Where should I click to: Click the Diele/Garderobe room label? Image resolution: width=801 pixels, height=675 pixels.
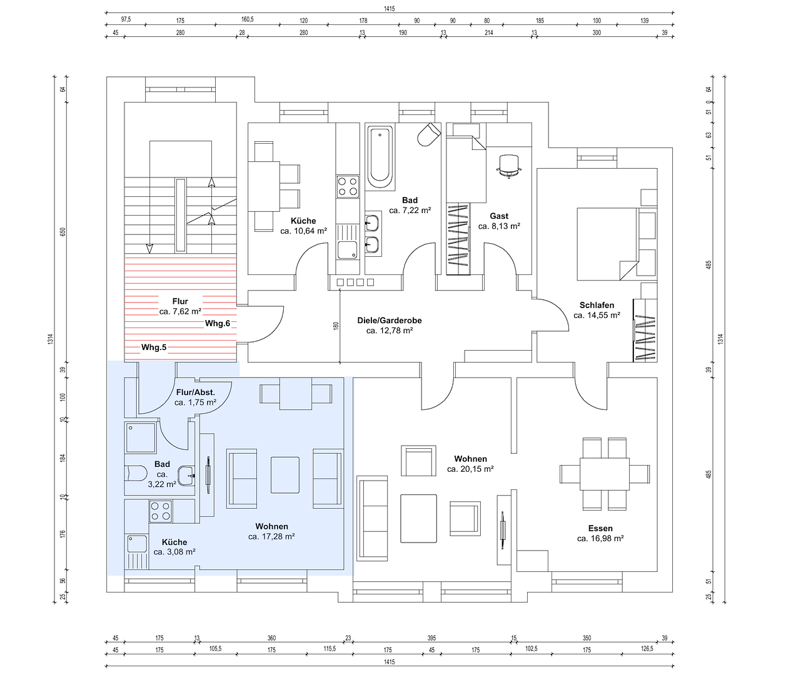(390, 320)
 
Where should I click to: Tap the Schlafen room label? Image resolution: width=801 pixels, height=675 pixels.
(597, 305)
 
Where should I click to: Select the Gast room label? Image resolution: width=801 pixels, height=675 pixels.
(499, 216)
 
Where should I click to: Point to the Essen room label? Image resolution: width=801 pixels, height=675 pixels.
(600, 528)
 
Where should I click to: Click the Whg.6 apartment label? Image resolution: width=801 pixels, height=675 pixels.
(218, 323)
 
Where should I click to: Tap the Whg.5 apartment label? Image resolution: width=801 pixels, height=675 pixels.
(154, 347)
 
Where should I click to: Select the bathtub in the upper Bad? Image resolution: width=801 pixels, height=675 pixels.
(380, 157)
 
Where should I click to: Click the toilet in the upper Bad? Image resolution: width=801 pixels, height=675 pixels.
(429, 134)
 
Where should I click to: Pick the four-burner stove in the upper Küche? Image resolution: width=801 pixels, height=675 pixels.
(348, 186)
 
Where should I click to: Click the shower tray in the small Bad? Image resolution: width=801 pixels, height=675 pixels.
(141, 437)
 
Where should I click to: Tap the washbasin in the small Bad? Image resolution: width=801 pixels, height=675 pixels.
(187, 476)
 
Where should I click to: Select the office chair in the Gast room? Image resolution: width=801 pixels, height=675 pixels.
(509, 166)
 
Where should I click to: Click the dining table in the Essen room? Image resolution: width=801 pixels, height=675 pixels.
(604, 474)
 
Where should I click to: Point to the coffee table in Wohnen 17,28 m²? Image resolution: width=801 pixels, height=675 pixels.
(285, 475)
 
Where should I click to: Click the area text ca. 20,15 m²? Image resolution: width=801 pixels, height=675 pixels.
(470, 469)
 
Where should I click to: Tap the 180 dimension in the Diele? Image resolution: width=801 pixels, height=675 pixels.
(336, 326)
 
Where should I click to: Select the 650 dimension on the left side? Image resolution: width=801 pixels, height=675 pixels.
(63, 232)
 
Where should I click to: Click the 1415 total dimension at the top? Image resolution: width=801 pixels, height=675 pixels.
(390, 9)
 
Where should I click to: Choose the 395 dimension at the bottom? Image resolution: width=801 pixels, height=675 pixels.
(431, 638)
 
